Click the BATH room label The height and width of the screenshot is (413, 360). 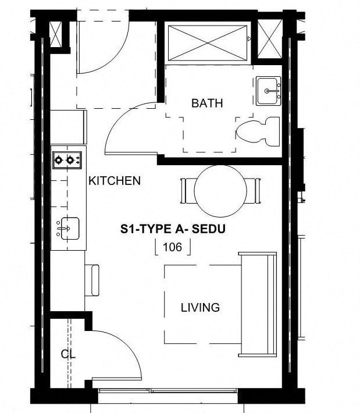(207, 104)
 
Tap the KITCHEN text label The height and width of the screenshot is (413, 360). (114, 181)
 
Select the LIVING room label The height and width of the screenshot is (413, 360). (199, 307)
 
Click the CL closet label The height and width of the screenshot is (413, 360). (68, 354)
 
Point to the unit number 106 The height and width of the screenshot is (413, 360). (172, 247)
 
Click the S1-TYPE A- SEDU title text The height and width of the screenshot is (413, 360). (172, 229)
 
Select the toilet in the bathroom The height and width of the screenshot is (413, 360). (258, 131)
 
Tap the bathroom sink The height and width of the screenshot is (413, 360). (268, 91)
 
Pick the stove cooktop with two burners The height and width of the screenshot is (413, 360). (66, 159)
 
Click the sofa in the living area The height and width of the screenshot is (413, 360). (258, 304)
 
